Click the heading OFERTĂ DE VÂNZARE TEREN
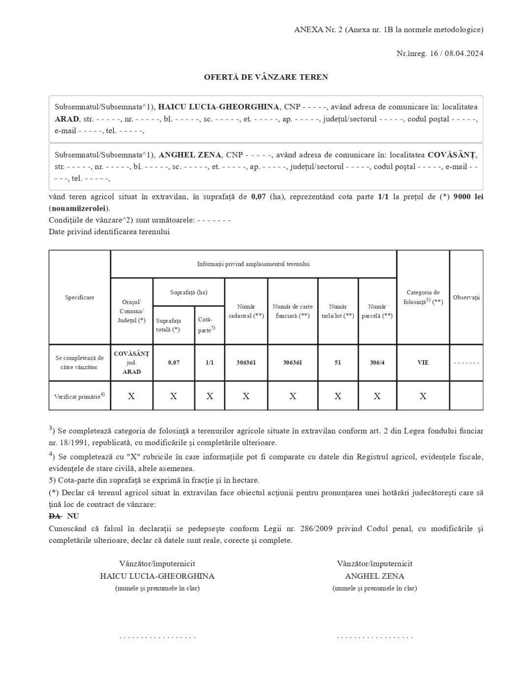coord(266,77)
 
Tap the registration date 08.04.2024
coord(464,53)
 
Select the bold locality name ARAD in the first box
coord(67,119)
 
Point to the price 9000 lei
coord(468,197)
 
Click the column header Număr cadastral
coord(246,311)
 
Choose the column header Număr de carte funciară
coord(293,311)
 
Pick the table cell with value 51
coord(338,363)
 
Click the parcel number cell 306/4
coord(377,363)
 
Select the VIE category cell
coord(423,363)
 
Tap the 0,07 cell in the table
coord(174,363)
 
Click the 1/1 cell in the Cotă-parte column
coord(209,363)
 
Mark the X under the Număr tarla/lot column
coord(338,396)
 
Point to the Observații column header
coord(466,297)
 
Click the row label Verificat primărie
coord(79,396)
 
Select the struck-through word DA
coord(55,516)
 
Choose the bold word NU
coord(73,516)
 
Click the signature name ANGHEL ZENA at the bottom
coord(375,576)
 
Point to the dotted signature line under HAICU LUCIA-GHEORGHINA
coord(157,637)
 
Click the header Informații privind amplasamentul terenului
coord(253,264)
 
